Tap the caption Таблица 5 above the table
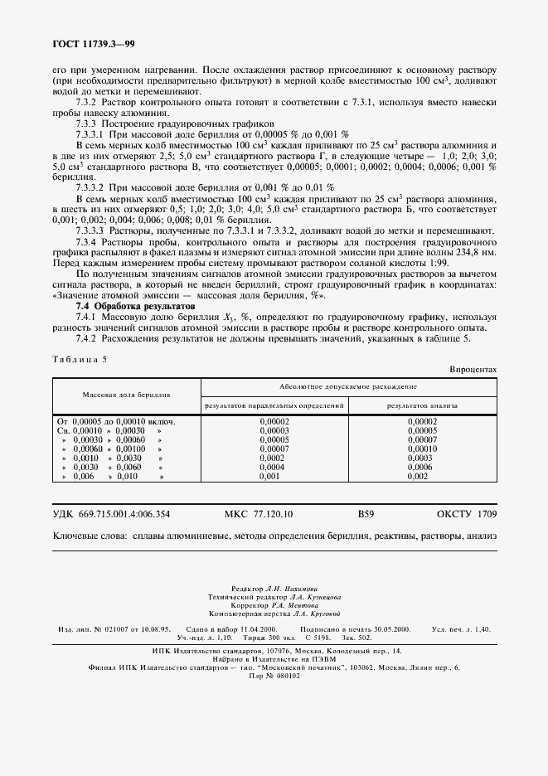coord(80,357)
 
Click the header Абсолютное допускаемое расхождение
coord(349,386)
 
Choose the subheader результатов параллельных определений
coord(274,405)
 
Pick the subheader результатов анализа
coord(422,405)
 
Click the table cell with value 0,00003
coord(274,430)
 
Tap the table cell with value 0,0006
coord(423,467)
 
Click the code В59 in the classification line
coord(366,514)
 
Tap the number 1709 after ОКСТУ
coord(487,514)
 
